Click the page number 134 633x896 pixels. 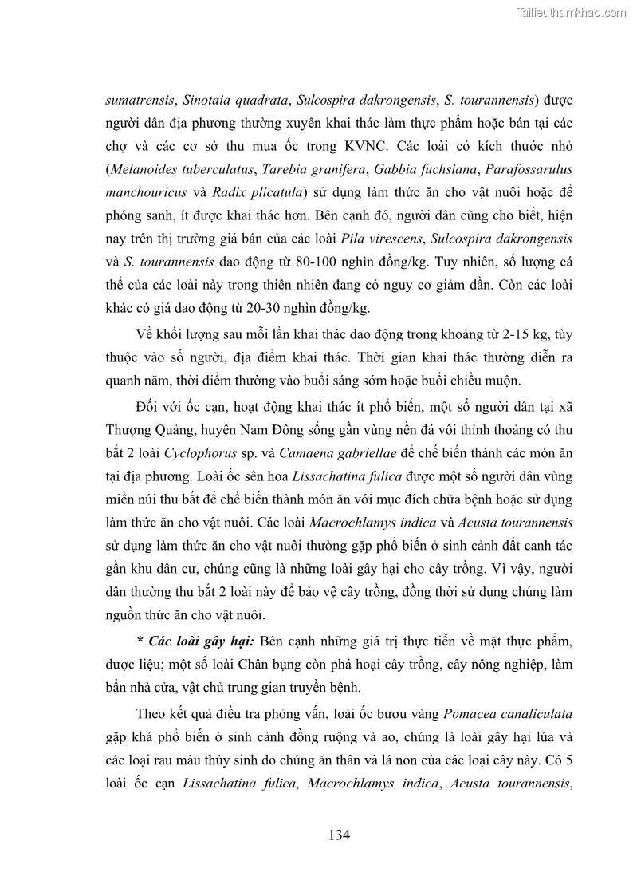(339, 835)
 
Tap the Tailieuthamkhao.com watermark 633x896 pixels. (572, 12)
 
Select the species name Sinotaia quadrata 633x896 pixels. (237, 101)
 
